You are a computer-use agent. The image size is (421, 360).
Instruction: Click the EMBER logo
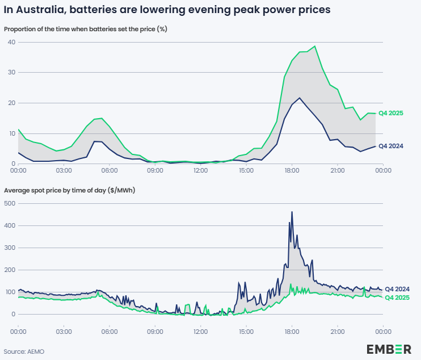[389, 349]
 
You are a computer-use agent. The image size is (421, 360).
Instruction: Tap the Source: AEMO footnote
[24, 351]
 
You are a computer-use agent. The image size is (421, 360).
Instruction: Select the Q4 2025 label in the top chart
[390, 114]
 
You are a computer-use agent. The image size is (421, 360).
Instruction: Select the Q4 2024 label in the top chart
[390, 146]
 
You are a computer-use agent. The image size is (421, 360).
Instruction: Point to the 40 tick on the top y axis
[11, 43]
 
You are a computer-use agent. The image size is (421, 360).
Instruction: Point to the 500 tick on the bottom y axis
[10, 203]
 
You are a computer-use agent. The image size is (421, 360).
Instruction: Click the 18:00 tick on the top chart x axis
[292, 170]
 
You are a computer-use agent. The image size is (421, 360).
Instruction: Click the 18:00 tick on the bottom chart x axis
[292, 331]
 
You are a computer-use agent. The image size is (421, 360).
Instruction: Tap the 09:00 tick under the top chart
[155, 170]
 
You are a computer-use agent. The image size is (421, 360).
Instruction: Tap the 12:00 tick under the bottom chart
[200, 331]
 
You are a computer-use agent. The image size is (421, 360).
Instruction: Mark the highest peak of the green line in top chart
[315, 47]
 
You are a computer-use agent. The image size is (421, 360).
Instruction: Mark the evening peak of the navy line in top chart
[300, 98]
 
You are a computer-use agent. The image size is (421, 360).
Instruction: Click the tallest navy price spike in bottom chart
[292, 212]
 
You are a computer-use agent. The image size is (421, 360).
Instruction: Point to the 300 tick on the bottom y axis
[10, 248]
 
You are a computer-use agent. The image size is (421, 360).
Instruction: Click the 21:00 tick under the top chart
[337, 170]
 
